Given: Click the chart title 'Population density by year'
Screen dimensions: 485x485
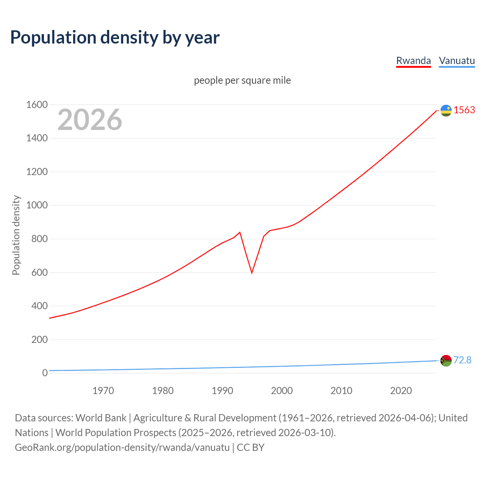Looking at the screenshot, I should click(115, 38).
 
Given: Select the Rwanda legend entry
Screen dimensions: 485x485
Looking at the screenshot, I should click(413, 61).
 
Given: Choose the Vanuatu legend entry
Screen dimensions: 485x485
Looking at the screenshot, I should click(457, 61).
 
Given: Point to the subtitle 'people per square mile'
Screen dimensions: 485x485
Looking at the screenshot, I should click(242, 80).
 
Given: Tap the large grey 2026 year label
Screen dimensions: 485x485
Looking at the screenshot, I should click(90, 120).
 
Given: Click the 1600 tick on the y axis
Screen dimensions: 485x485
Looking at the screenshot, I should click(37, 105).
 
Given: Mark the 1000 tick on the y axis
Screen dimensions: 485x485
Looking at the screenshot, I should click(37, 205).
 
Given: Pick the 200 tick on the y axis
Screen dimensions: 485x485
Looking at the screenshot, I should click(39, 339).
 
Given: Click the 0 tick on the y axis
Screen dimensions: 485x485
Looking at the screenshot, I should click(45, 373).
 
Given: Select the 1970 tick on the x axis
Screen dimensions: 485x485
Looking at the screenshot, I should click(103, 391).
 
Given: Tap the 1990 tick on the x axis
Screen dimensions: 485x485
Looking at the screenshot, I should click(222, 391).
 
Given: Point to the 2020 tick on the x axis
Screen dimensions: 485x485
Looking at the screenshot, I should click(401, 391).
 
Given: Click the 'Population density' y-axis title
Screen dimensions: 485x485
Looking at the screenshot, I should click(16, 235).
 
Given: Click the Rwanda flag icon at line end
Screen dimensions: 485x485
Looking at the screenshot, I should click(446, 110).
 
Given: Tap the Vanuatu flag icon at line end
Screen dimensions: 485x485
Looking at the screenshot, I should click(446, 360).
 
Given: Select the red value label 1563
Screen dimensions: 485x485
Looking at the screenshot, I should click(464, 110).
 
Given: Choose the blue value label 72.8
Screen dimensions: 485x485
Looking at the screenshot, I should click(462, 360).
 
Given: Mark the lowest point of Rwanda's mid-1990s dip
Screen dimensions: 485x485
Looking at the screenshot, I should click(252, 273).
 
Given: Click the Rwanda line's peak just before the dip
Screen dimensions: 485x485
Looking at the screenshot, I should click(240, 232).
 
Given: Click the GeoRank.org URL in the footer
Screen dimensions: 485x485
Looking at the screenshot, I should click(122, 447).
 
